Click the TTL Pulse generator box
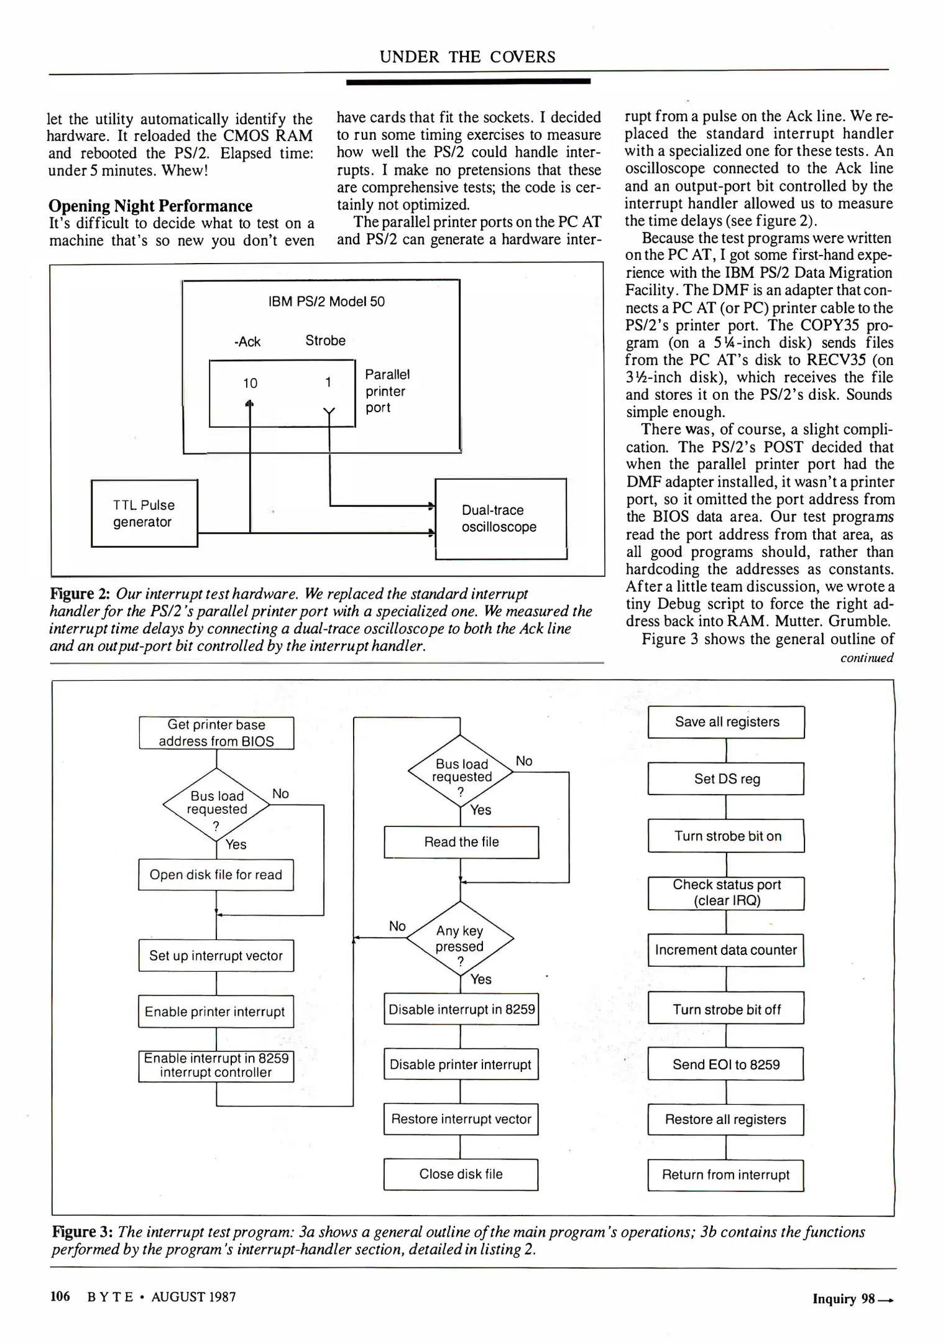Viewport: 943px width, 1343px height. pyautogui.click(x=144, y=514)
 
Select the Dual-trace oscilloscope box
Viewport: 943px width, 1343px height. pyautogui.click(x=500, y=519)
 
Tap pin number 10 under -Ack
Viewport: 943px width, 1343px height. pyautogui.click(x=250, y=384)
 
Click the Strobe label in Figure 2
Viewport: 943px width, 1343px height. pyautogui.click(x=325, y=341)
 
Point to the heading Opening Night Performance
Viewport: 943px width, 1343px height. pyautogui.click(x=150, y=206)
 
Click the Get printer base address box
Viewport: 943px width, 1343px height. pyautogui.click(x=216, y=733)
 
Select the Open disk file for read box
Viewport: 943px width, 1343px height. pyautogui.click(x=216, y=875)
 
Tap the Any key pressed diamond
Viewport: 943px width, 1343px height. pyautogui.click(x=460, y=939)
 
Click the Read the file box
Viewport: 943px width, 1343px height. pyautogui.click(x=461, y=842)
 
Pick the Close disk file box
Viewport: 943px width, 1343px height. pyautogui.click(x=461, y=1174)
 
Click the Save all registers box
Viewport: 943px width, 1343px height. pyautogui.click(x=726, y=722)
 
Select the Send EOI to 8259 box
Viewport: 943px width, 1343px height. pyautogui.click(x=725, y=1064)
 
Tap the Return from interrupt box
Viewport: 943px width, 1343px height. pyautogui.click(x=725, y=1175)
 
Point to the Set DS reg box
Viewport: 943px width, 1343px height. pyautogui.click(x=726, y=779)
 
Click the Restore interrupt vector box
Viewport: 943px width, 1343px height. pyautogui.click(x=461, y=1119)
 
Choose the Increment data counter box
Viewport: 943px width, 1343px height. pyautogui.click(x=725, y=950)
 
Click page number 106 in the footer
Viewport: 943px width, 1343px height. pyautogui.click(x=60, y=1296)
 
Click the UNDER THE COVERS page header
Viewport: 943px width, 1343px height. pyautogui.click(x=467, y=57)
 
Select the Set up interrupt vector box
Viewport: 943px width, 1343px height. pyautogui.click(x=216, y=956)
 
